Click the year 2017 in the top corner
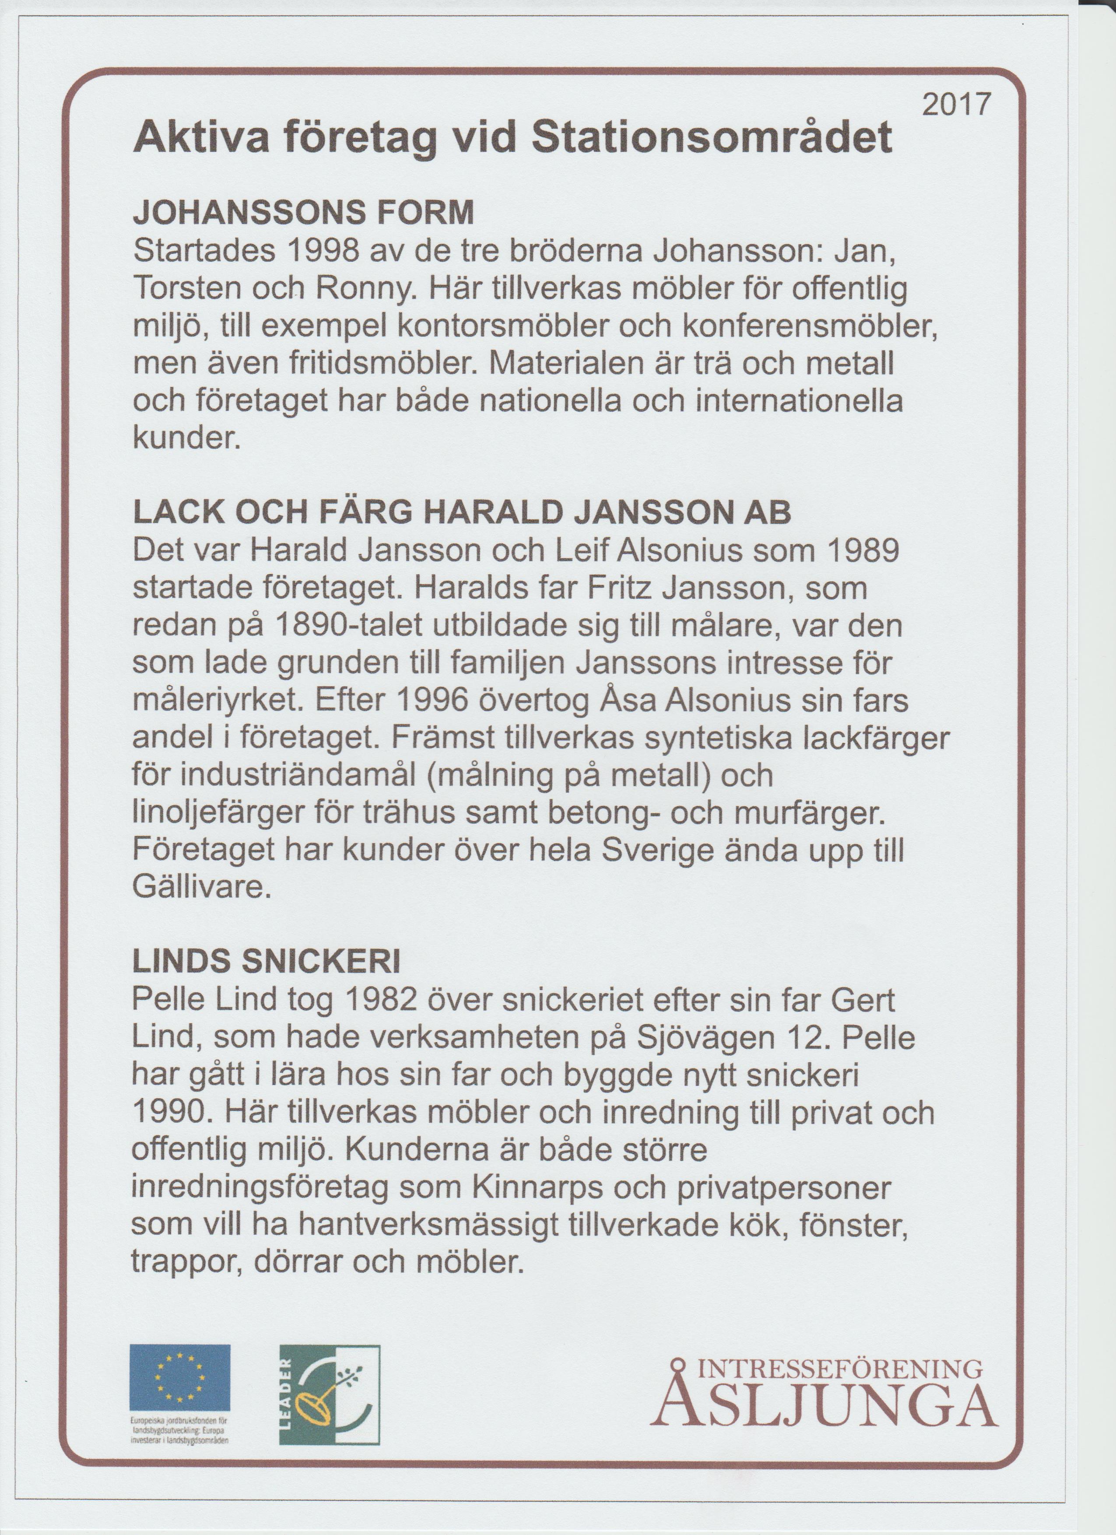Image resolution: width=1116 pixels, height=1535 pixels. click(956, 106)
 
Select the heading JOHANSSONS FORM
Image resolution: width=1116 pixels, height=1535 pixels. click(304, 214)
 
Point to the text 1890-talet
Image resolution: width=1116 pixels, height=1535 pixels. click(347, 626)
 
